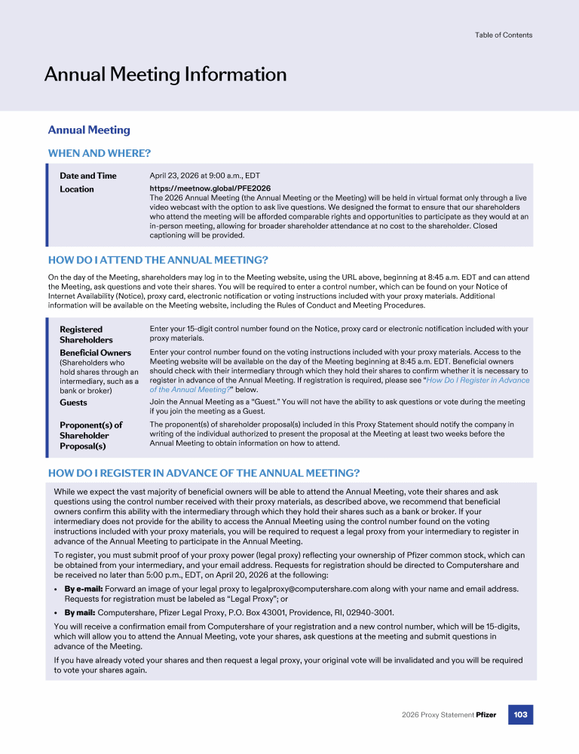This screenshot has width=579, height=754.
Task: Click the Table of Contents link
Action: (503, 35)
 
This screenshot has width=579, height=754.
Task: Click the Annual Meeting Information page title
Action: (165, 75)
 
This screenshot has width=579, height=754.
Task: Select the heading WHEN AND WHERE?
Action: (99, 153)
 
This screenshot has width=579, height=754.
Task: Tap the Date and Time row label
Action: (88, 176)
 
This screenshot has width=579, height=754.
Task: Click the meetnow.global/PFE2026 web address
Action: (210, 188)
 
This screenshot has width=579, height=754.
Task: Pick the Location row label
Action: (77, 189)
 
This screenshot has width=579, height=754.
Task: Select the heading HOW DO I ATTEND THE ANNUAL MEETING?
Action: (158, 260)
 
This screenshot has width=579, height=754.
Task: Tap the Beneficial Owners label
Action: (95, 353)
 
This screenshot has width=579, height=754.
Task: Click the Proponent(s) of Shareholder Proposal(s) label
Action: (90, 435)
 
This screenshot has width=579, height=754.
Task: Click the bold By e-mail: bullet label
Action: (83, 588)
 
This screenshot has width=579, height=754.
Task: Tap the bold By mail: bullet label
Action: (79, 613)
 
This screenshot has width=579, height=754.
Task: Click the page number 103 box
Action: (520, 714)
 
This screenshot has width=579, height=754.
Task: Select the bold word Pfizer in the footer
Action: (486, 715)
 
